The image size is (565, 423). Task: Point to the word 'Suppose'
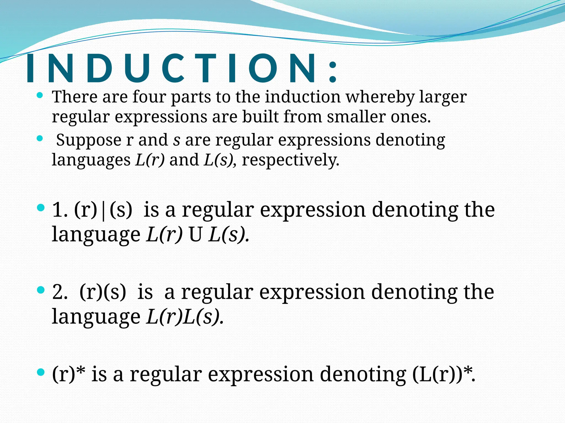click(89, 140)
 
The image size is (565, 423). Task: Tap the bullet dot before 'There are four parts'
click(40, 96)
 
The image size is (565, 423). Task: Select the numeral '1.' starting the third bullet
click(60, 210)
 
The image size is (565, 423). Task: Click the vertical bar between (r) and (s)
click(103, 210)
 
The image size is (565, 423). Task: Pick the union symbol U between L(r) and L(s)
click(195, 235)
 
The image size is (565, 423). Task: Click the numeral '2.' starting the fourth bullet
click(60, 292)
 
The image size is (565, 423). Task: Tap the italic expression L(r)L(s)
click(184, 317)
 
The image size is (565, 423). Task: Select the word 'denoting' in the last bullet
click(363, 375)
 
